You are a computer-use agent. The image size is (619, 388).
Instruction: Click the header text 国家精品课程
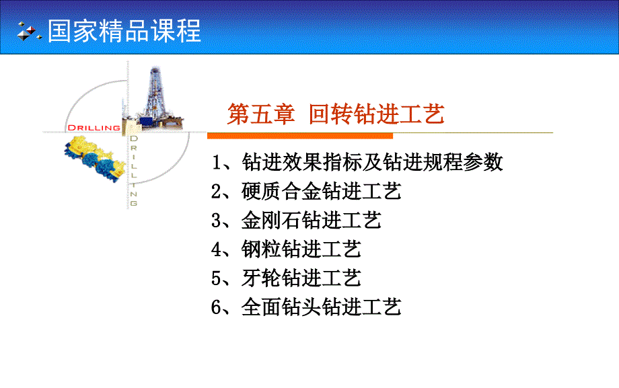(124, 31)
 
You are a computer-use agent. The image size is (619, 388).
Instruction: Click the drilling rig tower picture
(153, 99)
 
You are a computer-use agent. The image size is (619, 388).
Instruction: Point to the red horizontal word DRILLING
(94, 128)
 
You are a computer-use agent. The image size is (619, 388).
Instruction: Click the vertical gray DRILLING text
(134, 171)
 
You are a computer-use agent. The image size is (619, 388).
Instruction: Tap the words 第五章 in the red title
(261, 114)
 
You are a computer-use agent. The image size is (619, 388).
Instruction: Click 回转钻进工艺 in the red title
(377, 114)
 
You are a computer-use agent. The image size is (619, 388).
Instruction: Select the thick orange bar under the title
(300, 136)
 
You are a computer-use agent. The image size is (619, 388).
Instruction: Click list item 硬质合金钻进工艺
(322, 192)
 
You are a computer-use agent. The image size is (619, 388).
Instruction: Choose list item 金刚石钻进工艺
(312, 221)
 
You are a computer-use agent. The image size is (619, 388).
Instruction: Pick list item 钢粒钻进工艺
(301, 249)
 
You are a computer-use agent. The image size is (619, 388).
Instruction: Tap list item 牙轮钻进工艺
(301, 278)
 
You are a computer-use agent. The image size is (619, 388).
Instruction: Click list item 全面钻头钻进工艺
(322, 307)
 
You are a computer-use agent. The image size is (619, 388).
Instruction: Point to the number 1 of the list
(217, 162)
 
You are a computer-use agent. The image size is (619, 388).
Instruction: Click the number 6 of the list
(217, 307)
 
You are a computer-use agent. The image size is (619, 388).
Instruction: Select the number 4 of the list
(217, 249)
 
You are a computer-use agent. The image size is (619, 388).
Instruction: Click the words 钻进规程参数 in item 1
(443, 162)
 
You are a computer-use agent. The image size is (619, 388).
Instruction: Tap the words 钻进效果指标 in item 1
(302, 162)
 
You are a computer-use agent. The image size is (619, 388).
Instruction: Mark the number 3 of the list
(217, 221)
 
